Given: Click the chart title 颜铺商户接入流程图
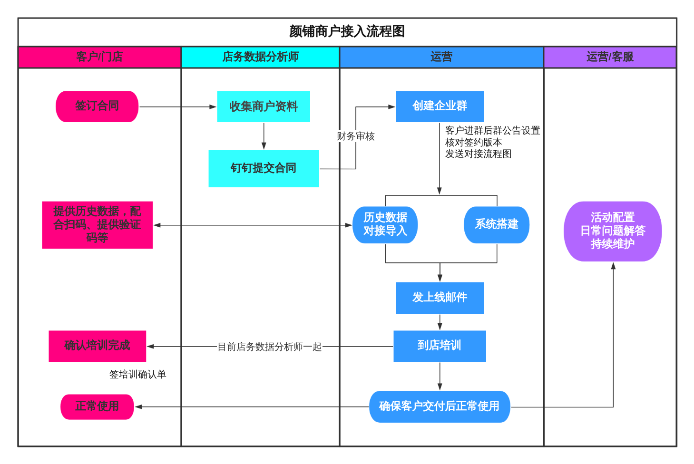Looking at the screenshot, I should [347, 31].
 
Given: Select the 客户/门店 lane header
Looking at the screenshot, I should [99, 57].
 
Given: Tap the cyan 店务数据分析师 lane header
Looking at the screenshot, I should [260, 57].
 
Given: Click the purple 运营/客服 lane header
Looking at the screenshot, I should [609, 57].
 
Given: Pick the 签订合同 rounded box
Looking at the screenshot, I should [97, 106].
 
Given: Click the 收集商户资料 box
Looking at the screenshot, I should [263, 106].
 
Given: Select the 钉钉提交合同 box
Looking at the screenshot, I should [264, 168].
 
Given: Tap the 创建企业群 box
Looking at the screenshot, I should [440, 106].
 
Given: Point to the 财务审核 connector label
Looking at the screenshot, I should [355, 136].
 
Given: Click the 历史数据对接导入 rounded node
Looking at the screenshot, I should [385, 225].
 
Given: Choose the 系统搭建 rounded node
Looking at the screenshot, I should [496, 225].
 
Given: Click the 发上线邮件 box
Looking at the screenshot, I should [440, 298].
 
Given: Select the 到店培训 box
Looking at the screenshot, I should [440, 346].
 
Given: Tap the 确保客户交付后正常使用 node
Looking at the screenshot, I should [440, 406].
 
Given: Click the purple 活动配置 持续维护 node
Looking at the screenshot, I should [613, 231].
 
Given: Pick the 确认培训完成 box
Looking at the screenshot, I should [97, 346].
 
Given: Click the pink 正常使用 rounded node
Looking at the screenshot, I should [97, 406].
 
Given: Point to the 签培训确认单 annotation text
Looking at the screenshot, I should [137, 375].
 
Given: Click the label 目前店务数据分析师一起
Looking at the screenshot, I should [269, 347].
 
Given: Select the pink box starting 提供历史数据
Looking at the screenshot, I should [97, 225].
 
